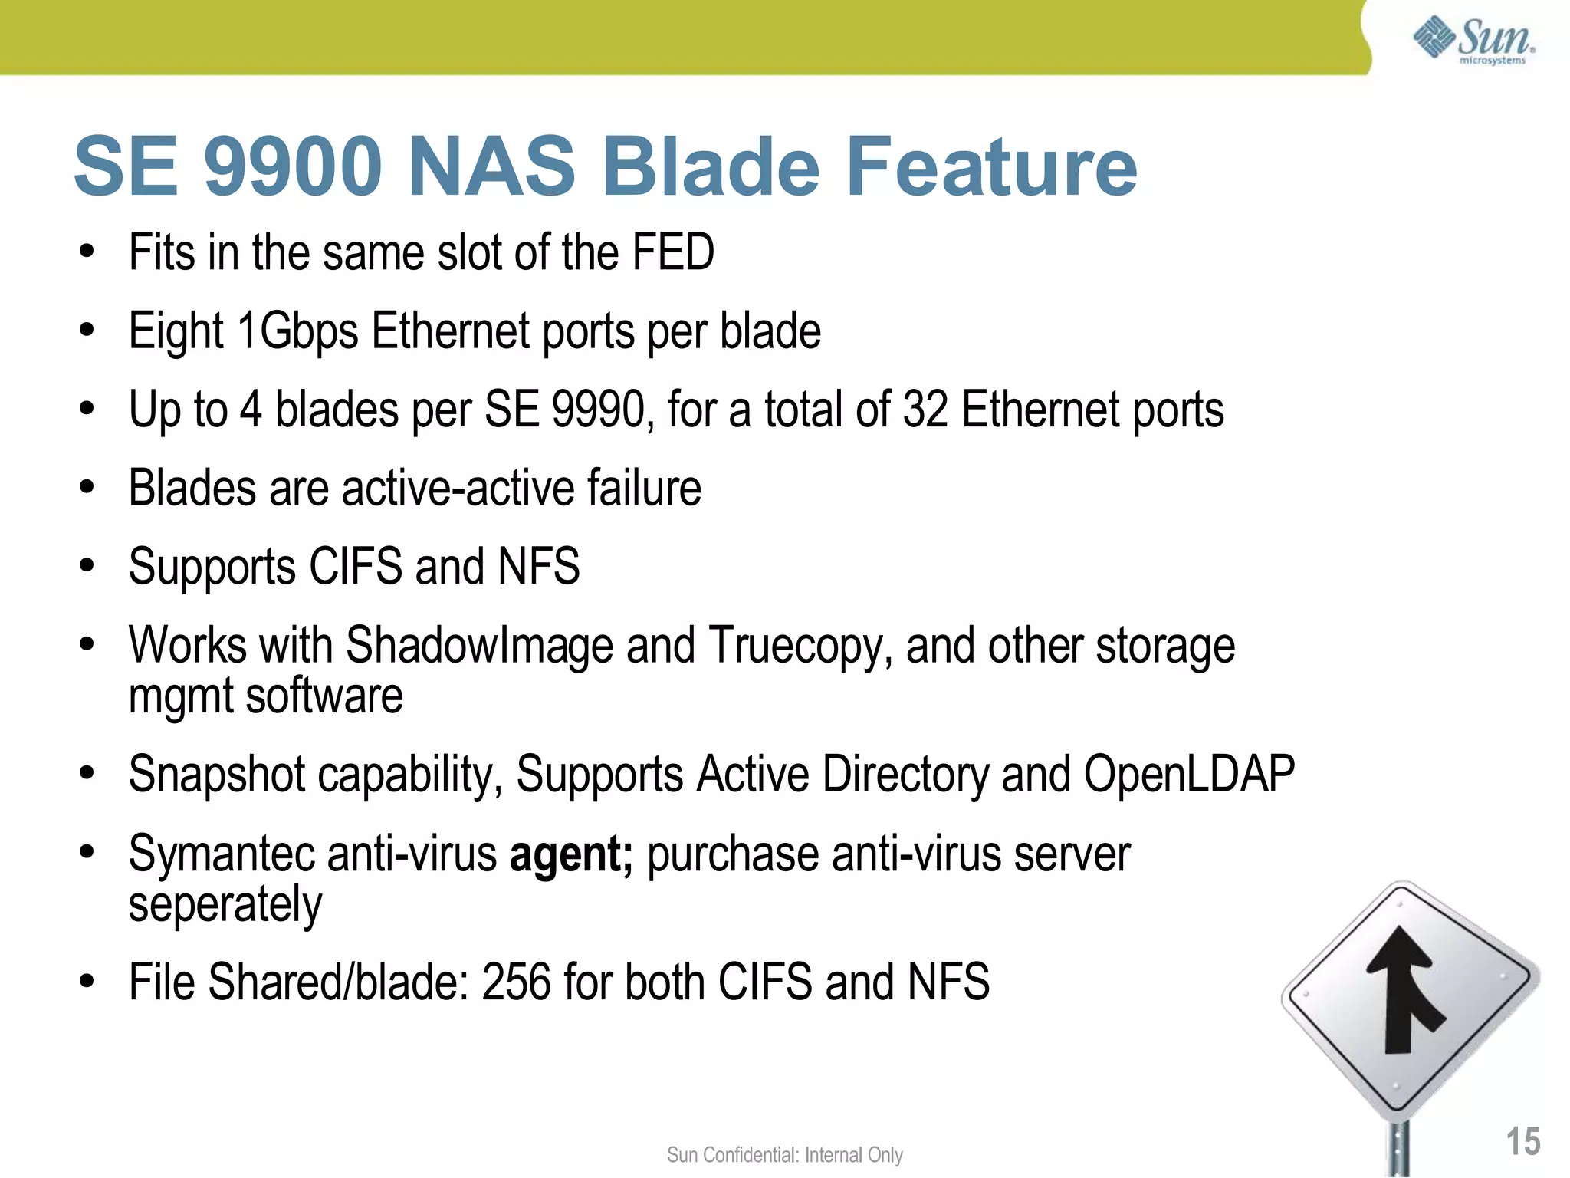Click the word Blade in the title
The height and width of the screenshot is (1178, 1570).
pyautogui.click(x=711, y=166)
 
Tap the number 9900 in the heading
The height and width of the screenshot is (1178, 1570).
pyautogui.click(x=293, y=166)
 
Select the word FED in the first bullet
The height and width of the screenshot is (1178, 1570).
pyautogui.click(x=672, y=252)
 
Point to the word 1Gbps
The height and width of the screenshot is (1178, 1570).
pyautogui.click(x=297, y=331)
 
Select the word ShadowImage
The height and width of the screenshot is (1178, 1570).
pyautogui.click(x=479, y=645)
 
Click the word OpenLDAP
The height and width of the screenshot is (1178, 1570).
pyautogui.click(x=1189, y=774)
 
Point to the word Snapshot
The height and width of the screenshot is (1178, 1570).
pyautogui.click(x=217, y=774)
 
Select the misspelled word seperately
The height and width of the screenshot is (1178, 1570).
pyautogui.click(x=225, y=906)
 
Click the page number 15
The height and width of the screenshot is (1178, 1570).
pyautogui.click(x=1522, y=1142)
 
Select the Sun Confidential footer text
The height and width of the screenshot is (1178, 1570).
pyautogui.click(x=784, y=1155)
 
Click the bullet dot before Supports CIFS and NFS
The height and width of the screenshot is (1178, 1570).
pyautogui.click(x=87, y=566)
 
